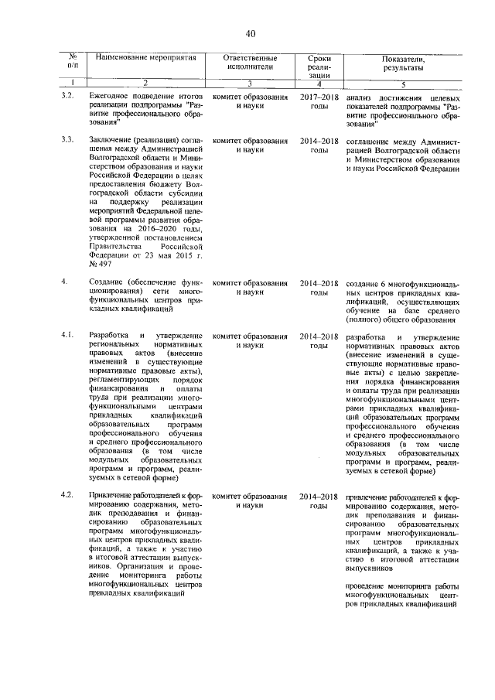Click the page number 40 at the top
point(251,33)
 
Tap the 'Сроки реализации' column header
point(319,67)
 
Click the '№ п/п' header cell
point(73,63)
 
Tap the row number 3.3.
point(67,141)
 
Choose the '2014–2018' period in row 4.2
point(319,495)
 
